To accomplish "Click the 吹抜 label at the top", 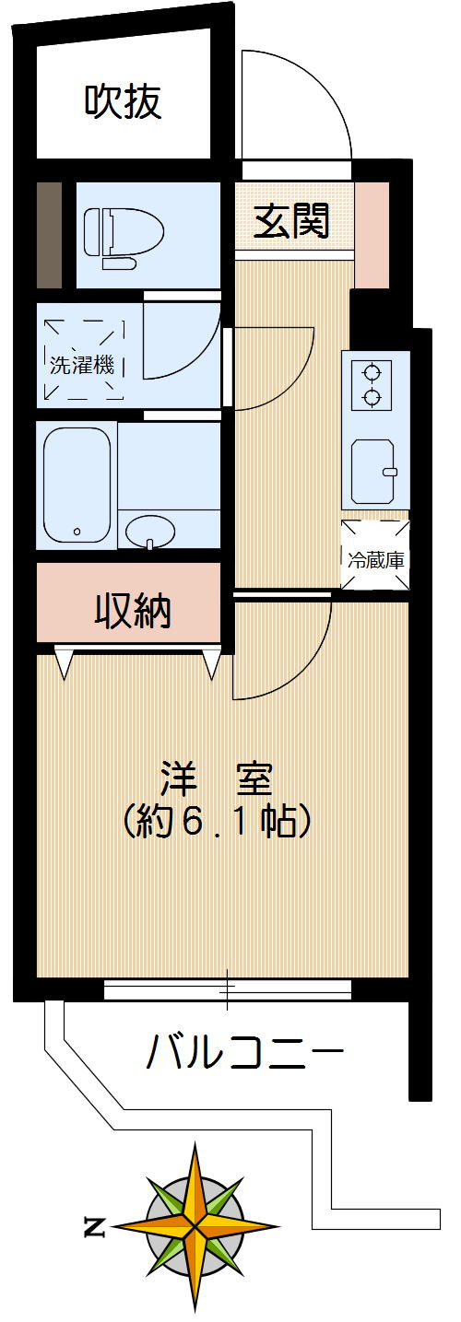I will click(124, 102).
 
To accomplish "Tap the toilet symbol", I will click(122, 236).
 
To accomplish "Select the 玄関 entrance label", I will click(291, 222).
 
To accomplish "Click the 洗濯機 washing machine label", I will click(82, 364).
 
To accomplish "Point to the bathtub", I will click(77, 485).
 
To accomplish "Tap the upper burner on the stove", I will click(372, 373).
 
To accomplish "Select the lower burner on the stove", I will click(372, 397).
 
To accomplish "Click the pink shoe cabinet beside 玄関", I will click(372, 236).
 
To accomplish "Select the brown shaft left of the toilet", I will click(50, 236).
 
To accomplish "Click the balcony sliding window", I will click(228, 990).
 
